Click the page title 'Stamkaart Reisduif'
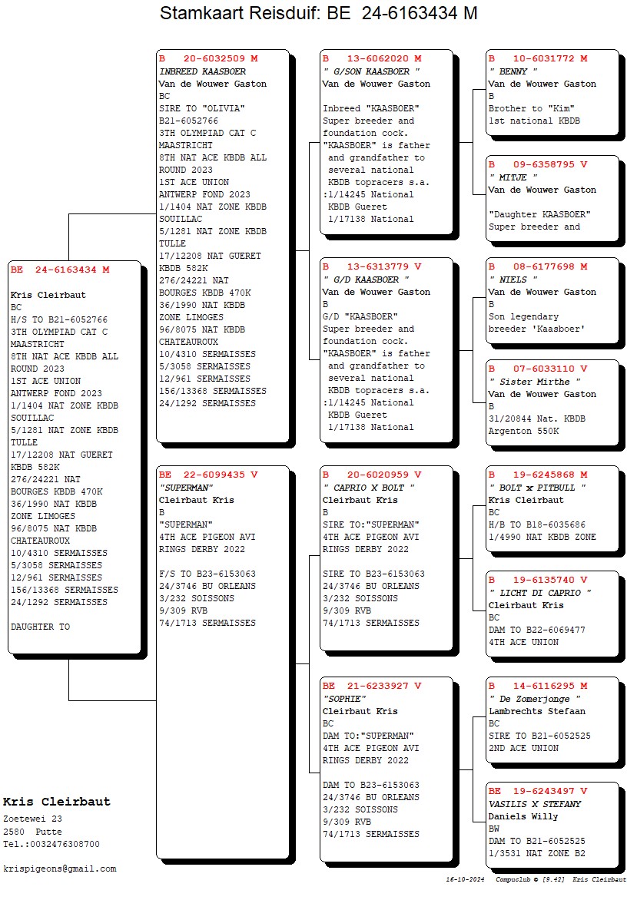tap(238, 12)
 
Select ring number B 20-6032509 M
tap(208, 58)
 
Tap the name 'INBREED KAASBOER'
tap(202, 71)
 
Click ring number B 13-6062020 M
tap(372, 58)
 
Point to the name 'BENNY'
tap(513, 71)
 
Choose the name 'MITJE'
tap(513, 177)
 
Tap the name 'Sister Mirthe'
tap(535, 382)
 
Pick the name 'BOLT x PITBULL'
tap(537, 488)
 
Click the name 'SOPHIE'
tap(344, 699)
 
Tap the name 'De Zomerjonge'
tap(535, 699)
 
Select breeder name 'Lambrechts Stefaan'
tap(537, 711)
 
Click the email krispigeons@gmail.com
tap(60, 869)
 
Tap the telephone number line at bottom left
tap(51, 844)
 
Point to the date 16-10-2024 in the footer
tap(465, 879)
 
